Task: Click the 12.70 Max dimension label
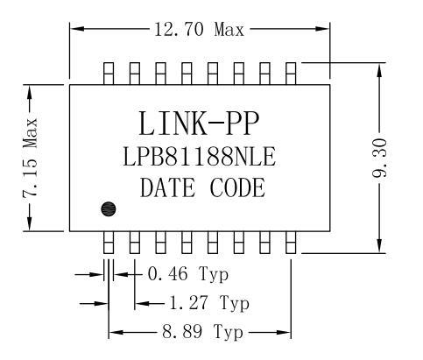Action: pos(199,30)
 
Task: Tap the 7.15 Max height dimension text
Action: pos(31,157)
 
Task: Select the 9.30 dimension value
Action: pos(379,158)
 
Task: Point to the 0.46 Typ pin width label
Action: pos(188,274)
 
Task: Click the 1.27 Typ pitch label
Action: pos(209,303)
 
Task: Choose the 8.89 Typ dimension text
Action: pos(202,332)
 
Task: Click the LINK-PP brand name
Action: pos(199,124)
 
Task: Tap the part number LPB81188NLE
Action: pos(199,157)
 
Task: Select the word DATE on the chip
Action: pos(167,187)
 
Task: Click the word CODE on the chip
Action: pos(237,187)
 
